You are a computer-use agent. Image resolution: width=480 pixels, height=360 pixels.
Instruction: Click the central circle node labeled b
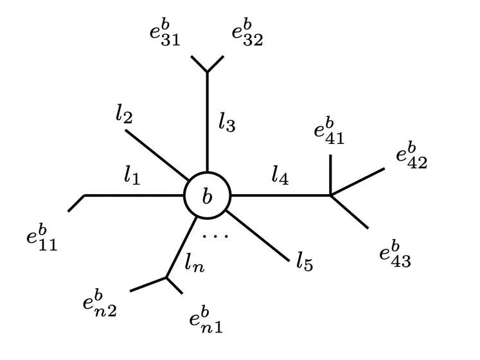pos(208,195)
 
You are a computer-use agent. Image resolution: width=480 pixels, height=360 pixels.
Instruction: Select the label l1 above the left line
pos(132,176)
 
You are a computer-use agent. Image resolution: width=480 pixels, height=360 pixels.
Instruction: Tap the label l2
pos(124,114)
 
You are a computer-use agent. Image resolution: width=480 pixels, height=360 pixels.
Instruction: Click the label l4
pos(280,176)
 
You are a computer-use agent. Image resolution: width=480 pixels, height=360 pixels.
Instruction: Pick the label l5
pos(305,262)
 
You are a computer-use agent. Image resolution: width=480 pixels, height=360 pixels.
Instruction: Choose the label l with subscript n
pos(195,263)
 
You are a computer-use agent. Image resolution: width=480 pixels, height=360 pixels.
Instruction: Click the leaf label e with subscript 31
pos(164,33)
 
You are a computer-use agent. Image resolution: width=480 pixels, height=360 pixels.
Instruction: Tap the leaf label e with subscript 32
pos(247,33)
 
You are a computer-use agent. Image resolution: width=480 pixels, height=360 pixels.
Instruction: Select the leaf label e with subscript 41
pos(329,131)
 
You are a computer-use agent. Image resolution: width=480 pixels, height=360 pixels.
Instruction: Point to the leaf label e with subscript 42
pos(412,156)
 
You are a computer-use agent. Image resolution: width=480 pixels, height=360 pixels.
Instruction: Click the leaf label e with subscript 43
pos(395,255)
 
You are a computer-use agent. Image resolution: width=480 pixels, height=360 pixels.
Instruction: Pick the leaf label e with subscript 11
pos(42,238)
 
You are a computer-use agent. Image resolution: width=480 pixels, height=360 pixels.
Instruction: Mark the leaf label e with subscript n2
pos(100,303)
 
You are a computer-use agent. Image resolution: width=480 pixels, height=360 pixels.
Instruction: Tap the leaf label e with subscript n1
pos(206,320)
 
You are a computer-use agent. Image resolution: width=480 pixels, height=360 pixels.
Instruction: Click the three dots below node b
pos(215,236)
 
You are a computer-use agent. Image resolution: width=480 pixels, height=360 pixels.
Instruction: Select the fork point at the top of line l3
pos(208,72)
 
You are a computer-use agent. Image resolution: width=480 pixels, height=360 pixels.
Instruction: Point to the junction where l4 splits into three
pos(331,195)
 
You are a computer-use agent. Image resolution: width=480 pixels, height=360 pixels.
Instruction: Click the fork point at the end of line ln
pos(166,278)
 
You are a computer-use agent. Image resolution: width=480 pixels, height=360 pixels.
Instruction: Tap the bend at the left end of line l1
pos(84,195)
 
